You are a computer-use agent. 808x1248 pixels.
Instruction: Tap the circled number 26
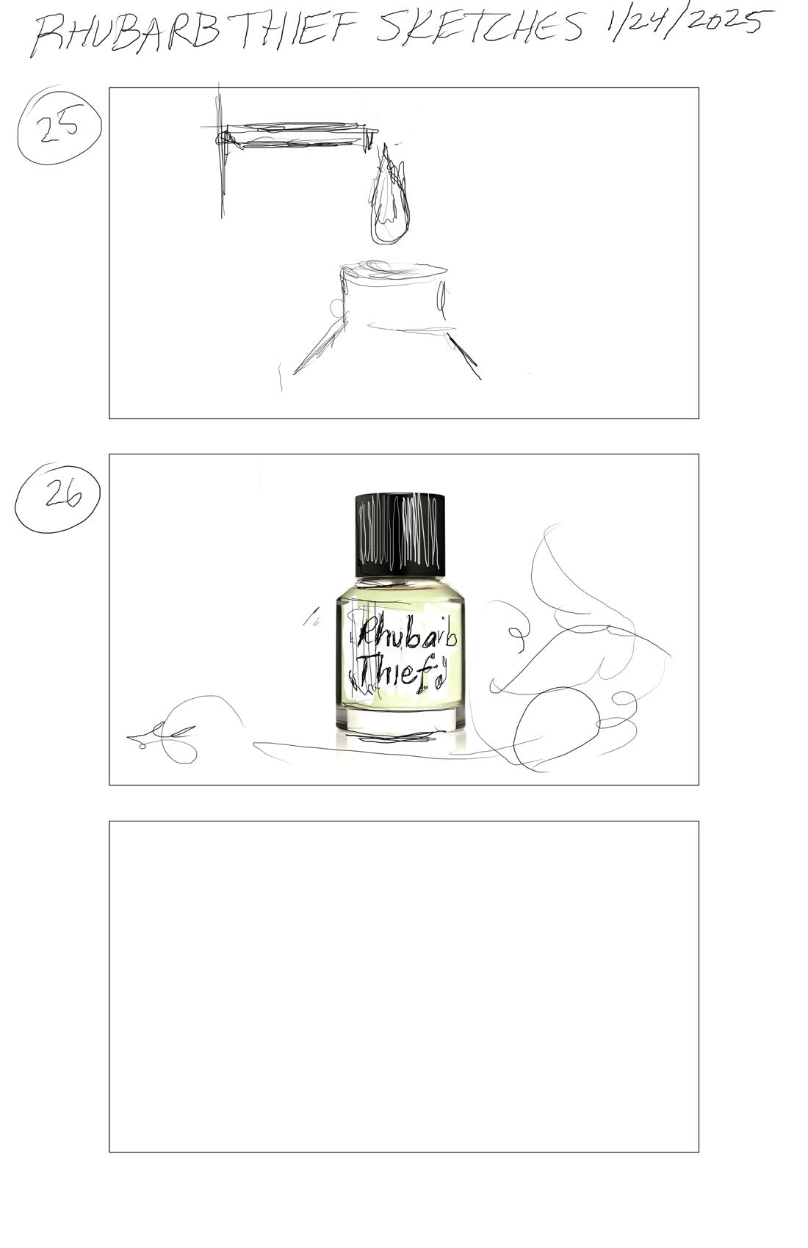[x=57, y=498]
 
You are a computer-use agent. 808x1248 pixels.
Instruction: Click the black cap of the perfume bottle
[x=400, y=534]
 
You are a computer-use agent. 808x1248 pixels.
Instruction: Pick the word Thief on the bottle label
[x=397, y=670]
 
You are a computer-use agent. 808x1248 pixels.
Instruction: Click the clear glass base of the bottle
[x=400, y=719]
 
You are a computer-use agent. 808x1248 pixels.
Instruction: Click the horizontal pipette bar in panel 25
[x=295, y=134]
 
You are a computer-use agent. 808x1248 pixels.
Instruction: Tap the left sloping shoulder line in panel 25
[x=318, y=346]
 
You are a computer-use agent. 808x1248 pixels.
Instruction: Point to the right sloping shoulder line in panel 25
[x=463, y=356]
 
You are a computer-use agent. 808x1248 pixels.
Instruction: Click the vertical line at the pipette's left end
[x=221, y=151]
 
